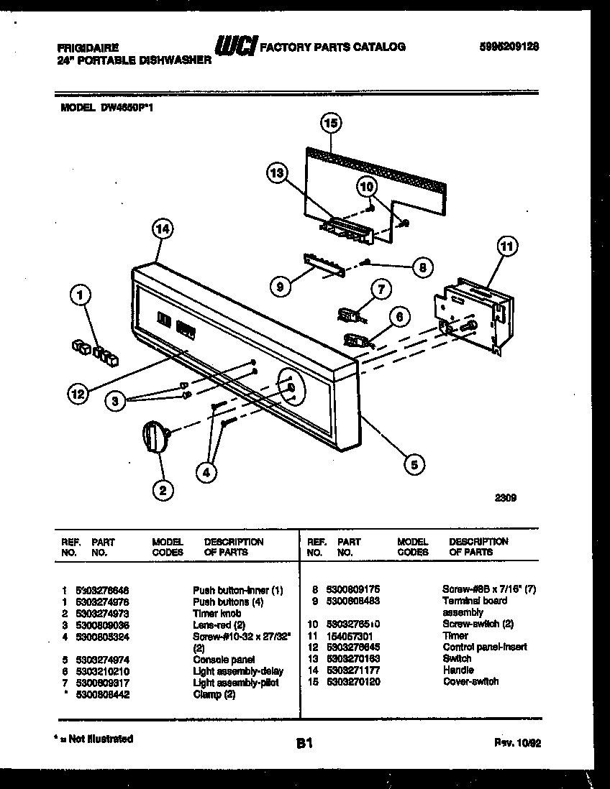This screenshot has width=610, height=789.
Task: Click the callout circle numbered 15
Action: (330, 124)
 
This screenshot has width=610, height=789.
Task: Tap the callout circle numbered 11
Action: (507, 247)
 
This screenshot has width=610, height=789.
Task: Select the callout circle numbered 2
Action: (163, 490)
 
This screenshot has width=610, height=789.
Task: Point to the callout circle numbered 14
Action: (163, 229)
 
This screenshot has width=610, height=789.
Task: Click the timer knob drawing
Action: (155, 436)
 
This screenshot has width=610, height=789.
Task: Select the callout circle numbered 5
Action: (414, 464)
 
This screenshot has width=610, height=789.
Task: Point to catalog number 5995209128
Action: (509, 45)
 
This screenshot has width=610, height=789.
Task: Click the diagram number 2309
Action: (506, 497)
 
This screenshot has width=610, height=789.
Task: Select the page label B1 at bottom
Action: (304, 744)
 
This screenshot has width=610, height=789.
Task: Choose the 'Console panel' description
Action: (224, 659)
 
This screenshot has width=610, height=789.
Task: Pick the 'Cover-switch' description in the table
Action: (470, 681)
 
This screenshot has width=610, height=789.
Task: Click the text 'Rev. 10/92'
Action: (517, 743)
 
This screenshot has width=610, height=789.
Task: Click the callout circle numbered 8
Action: (422, 267)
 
